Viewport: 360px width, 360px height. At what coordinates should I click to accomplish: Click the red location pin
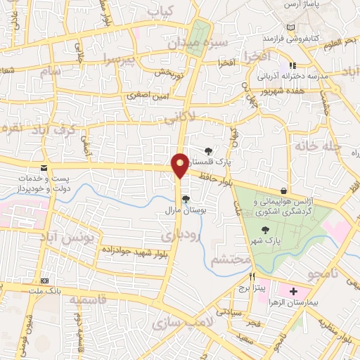[180, 165]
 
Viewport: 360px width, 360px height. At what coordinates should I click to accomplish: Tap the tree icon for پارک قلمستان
[209, 150]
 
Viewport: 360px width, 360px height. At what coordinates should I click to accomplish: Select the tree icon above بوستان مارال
[186, 200]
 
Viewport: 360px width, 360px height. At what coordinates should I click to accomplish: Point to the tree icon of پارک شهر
[265, 230]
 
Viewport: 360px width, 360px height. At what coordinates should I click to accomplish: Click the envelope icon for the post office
[44, 168]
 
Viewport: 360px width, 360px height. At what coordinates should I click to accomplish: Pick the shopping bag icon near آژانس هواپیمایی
[283, 191]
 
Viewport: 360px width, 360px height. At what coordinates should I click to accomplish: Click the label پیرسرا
[121, 58]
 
